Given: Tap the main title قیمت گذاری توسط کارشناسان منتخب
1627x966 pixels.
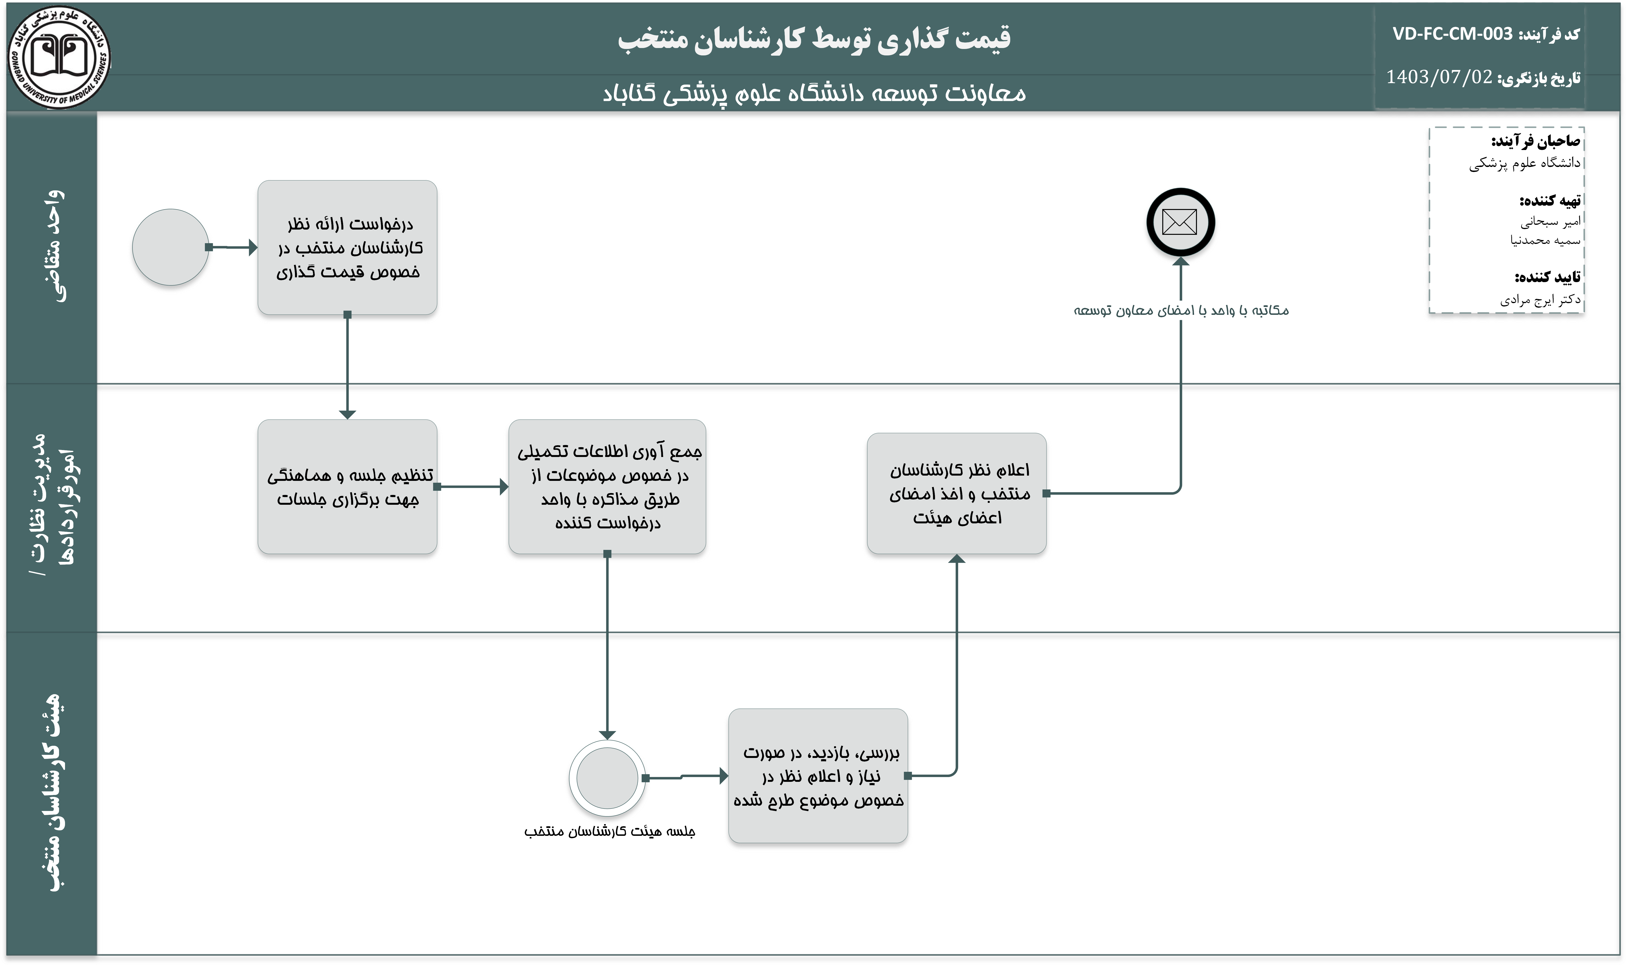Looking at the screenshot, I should (814, 39).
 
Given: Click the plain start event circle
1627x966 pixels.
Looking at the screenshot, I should (171, 247).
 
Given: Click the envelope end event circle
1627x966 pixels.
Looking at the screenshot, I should (1180, 222).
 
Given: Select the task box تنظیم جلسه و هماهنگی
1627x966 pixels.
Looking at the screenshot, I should (347, 487).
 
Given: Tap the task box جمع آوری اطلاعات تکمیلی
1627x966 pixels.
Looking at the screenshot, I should (607, 487).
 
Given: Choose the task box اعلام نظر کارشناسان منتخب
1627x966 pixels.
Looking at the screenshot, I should (956, 494).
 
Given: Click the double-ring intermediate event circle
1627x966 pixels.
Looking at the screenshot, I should (607, 778).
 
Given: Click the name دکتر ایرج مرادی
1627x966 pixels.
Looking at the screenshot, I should (1540, 300).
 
